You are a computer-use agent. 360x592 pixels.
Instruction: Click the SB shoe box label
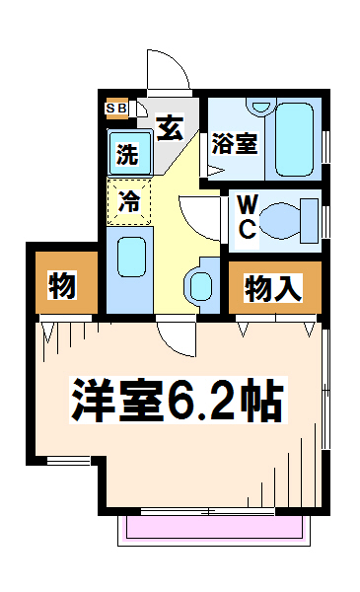pyautogui.click(x=115, y=109)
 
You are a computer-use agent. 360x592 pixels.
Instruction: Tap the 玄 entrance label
pyautogui.click(x=171, y=127)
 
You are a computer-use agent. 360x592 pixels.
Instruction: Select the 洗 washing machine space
pyautogui.click(x=130, y=153)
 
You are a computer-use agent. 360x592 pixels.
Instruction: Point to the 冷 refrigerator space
pyautogui.click(x=129, y=202)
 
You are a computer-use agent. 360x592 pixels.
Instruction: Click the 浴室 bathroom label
pyautogui.click(x=235, y=143)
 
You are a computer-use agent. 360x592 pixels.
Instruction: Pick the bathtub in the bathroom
pyautogui.click(x=294, y=139)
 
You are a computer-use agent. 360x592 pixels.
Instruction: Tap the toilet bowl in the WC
pyautogui.click(x=280, y=221)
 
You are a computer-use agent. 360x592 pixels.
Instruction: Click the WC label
pyautogui.click(x=248, y=218)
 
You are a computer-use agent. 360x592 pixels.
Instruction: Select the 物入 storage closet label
pyautogui.click(x=273, y=289)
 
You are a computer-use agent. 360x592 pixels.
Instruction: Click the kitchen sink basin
pyautogui.click(x=131, y=258)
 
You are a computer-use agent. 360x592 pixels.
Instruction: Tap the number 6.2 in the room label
pyautogui.click(x=201, y=400)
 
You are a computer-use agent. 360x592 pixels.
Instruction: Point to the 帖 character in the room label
pyautogui.click(x=261, y=400)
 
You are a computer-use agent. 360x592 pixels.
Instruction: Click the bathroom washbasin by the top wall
pyautogui.click(x=260, y=106)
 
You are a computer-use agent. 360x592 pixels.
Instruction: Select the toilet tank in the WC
pyautogui.click(x=309, y=221)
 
